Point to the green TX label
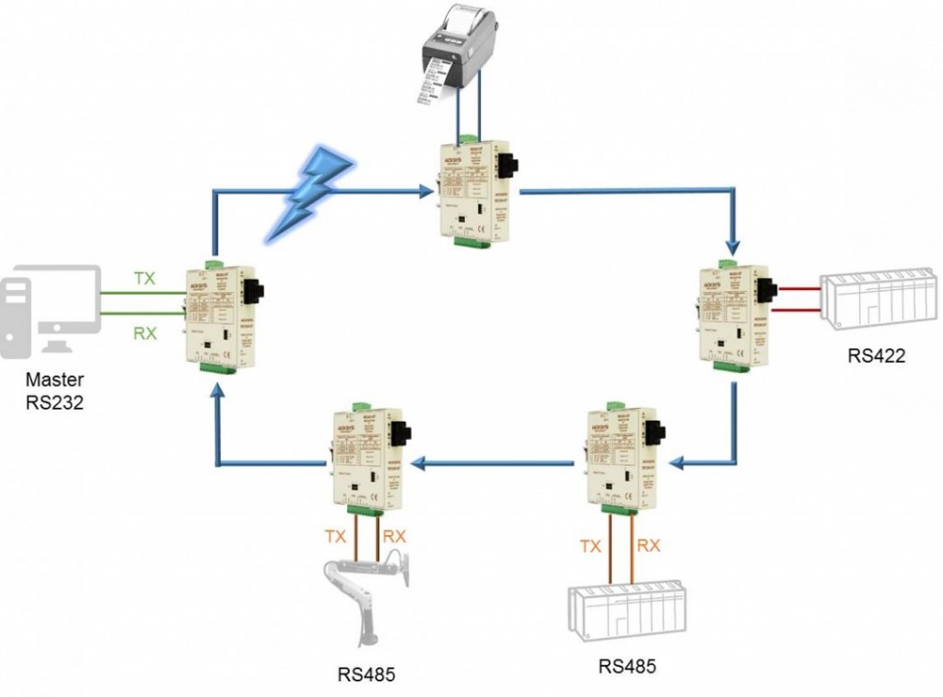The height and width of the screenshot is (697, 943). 145,276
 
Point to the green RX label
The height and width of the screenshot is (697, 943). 145,333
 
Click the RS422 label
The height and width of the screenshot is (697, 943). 876,355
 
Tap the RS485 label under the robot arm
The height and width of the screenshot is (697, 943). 365,674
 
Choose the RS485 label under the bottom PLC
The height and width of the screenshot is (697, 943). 627,666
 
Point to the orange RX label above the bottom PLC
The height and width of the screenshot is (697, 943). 649,545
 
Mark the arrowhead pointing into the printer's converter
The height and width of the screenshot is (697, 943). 426,192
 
